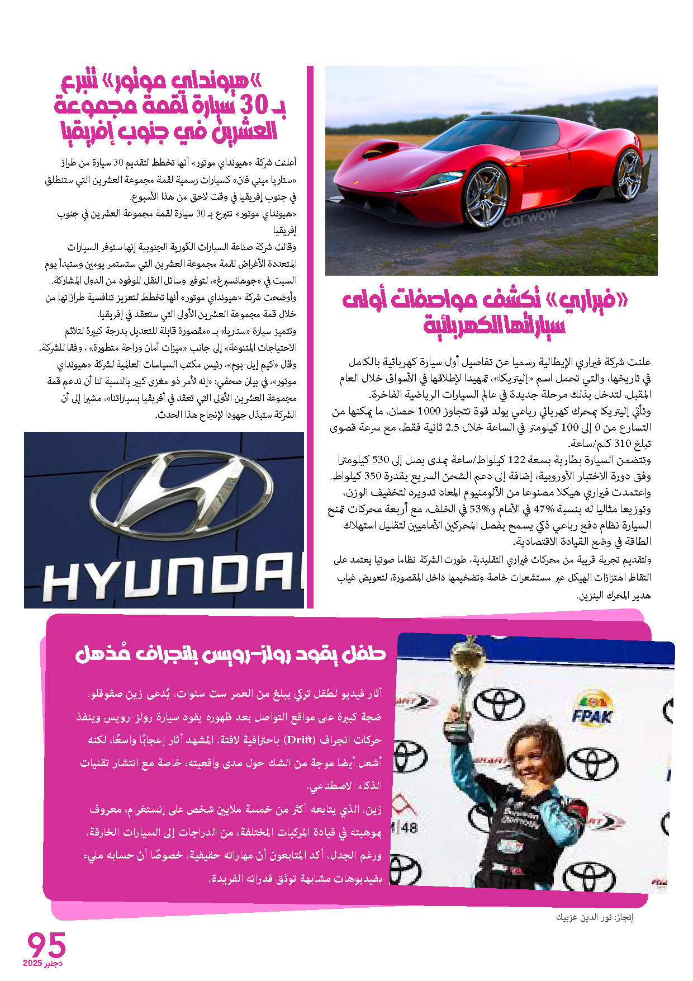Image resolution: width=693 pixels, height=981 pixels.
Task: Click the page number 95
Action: pyautogui.click(x=47, y=945)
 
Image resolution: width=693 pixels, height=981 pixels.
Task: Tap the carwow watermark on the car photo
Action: pyautogui.click(x=529, y=218)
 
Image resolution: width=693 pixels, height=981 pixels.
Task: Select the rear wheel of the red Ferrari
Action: pyautogui.click(x=630, y=174)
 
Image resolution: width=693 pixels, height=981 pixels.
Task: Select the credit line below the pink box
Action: pyautogui.click(x=594, y=918)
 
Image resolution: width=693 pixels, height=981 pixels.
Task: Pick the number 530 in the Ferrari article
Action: pyautogui.click(x=380, y=460)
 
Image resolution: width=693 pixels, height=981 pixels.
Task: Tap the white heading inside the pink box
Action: pyautogui.click(x=230, y=653)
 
